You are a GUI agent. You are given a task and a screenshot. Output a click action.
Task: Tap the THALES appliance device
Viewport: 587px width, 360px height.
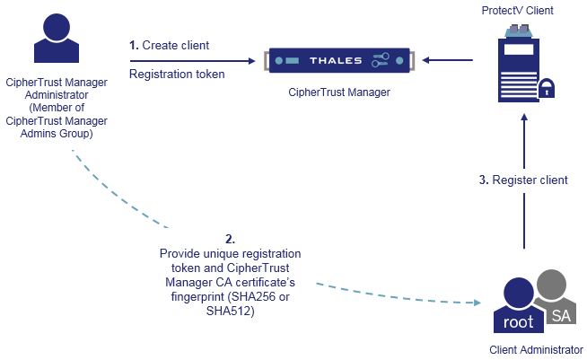click(338, 61)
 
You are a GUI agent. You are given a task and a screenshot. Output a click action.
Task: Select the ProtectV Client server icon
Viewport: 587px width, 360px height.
click(518, 63)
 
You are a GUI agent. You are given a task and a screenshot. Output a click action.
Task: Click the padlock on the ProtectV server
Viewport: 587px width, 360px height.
click(546, 88)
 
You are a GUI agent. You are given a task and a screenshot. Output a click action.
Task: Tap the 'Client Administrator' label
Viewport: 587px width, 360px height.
click(537, 350)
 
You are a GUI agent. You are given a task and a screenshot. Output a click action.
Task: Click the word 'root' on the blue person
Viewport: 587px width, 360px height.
click(519, 321)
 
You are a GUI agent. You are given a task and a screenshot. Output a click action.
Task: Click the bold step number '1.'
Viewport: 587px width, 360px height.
click(135, 45)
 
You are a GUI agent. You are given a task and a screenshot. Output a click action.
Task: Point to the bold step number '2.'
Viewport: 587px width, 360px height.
click(231, 239)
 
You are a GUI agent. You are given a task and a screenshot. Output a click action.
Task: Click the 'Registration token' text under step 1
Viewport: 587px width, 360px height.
click(177, 75)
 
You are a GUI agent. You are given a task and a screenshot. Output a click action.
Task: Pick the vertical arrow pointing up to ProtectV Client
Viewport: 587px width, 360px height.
click(523, 180)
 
